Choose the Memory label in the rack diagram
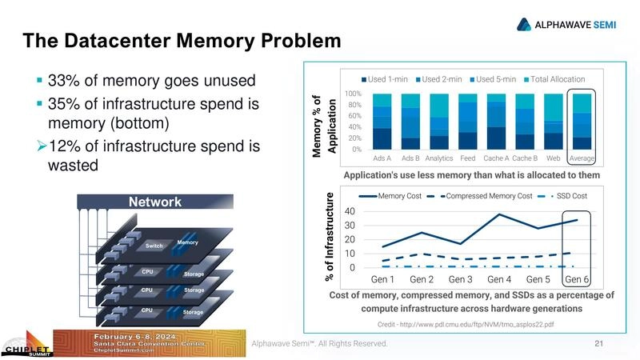point(187,242)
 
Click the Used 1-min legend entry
point(388,79)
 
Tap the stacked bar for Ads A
point(382,121)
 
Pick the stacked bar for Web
point(553,121)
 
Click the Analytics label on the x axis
point(439,158)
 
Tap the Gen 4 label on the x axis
point(499,280)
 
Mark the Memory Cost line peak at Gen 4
point(499,214)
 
